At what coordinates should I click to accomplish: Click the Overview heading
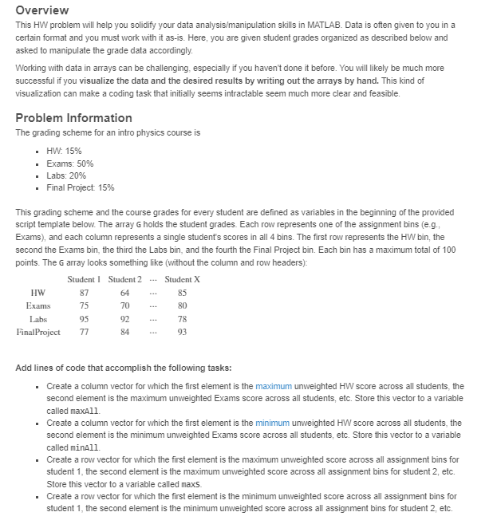click(x=42, y=10)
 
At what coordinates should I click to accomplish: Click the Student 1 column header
click(x=89, y=279)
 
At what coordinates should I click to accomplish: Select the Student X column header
click(x=182, y=279)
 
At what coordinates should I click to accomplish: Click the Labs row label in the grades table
click(x=38, y=318)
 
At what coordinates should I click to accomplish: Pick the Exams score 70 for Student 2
click(x=124, y=305)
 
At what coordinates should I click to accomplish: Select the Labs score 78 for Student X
click(x=182, y=318)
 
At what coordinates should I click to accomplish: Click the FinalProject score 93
click(x=182, y=332)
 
